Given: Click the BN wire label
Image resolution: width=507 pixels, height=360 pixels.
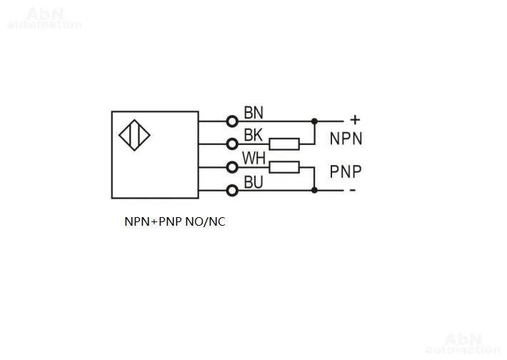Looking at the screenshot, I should [254, 112].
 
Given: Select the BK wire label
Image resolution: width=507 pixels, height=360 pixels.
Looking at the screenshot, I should [254, 134].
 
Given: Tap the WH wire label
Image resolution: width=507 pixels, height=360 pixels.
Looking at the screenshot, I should [254, 158].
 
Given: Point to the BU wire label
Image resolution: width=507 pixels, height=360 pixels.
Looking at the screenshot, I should [254, 182].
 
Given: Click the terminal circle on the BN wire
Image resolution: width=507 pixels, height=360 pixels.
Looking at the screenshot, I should [231, 121].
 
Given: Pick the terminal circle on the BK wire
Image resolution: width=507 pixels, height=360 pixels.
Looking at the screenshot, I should [231, 144].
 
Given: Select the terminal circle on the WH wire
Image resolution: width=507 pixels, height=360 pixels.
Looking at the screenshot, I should [231, 167].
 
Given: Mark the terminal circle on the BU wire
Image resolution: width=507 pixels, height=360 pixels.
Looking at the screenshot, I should [231, 190].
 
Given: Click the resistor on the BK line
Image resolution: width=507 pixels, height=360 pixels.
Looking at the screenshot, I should [283, 144].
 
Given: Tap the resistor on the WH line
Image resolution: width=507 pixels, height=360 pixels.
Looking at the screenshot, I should [283, 167].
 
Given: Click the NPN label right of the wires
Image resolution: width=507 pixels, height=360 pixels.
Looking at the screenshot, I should [346, 139].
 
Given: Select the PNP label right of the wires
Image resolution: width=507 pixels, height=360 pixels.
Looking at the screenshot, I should [346, 171].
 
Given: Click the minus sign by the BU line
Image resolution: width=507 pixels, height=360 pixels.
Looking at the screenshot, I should [352, 190].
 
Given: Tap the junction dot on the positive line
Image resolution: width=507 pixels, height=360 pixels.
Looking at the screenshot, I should [314, 121].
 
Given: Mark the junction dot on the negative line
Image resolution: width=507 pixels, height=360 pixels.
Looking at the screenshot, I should [314, 190].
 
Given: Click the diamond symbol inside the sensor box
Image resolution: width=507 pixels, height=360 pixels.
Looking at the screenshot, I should [134, 136].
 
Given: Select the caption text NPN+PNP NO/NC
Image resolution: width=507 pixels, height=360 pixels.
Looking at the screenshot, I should [174, 222].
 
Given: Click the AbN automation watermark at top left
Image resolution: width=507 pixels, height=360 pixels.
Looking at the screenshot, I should [44, 18].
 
